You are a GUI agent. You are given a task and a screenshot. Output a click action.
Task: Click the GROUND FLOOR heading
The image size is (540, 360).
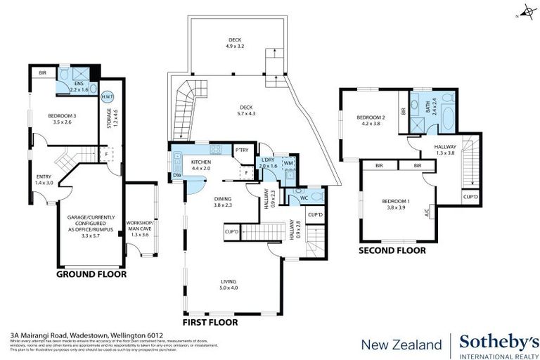coord(91,274)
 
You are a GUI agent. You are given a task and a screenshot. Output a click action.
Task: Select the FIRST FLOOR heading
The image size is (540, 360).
coord(210,322)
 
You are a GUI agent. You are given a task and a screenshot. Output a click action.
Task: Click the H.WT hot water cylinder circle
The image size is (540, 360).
coord(108,97)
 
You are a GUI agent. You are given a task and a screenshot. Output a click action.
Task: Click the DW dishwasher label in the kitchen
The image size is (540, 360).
coord(176,176)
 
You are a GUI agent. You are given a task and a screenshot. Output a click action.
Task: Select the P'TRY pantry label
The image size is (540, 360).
coord(243,150)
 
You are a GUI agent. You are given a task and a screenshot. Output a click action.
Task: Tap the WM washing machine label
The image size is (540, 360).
coord(289,163)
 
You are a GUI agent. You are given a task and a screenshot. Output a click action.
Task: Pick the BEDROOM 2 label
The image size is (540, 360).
coord(371,117)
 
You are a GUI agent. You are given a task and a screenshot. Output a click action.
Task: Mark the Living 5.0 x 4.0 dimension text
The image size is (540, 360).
coord(229,287)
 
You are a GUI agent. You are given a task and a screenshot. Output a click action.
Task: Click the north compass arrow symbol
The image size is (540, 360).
coord(524,14)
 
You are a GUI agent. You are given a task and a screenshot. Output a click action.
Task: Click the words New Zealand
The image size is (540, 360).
coord(401,345)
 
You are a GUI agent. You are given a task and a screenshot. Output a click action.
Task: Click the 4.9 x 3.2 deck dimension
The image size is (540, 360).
coord(235,46)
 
